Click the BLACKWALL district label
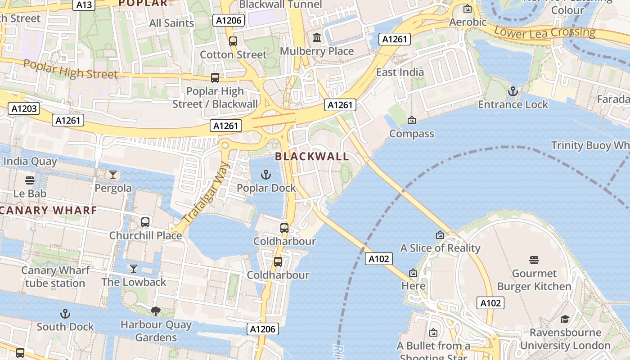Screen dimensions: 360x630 (x=312, y=157)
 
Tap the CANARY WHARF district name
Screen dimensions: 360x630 (x=49, y=210)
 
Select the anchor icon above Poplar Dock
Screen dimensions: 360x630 (x=266, y=175)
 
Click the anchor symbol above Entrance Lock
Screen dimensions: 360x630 (x=513, y=92)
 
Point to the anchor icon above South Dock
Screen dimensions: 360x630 (x=66, y=313)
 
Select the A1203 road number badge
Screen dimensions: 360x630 (x=24, y=108)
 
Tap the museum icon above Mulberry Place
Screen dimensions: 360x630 (x=317, y=38)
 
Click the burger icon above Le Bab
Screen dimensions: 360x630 (x=30, y=180)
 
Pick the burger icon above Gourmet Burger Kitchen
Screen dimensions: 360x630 (x=534, y=260)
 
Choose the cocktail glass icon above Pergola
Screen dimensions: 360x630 (x=113, y=175)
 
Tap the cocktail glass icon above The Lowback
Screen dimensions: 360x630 (x=134, y=269)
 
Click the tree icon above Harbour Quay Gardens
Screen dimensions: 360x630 (x=156, y=311)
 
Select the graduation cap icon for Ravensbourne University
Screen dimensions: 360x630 (x=565, y=319)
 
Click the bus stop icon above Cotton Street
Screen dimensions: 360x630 (x=233, y=41)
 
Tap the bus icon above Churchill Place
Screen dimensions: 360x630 (x=145, y=222)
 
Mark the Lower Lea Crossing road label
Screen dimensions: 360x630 (x=544, y=32)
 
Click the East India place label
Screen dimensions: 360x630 (x=400, y=72)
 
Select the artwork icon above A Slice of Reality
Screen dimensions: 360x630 (x=440, y=235)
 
